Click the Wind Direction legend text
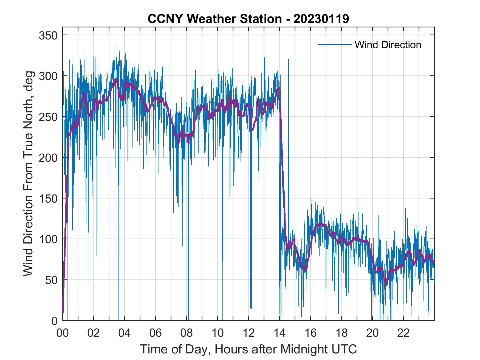[388, 45]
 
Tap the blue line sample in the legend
[334, 44]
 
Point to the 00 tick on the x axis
[63, 333]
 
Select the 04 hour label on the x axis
[125, 333]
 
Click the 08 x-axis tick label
[187, 333]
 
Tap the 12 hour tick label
[249, 333]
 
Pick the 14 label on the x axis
[279, 333]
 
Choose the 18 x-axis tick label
[341, 333]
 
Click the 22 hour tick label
[403, 333]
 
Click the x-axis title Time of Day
[249, 350]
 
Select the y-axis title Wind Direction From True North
[28, 174]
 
